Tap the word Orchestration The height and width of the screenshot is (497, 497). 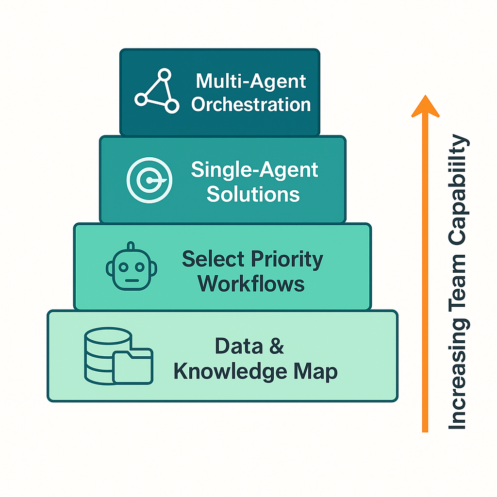[251, 104]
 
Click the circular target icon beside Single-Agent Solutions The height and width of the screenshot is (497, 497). [149, 180]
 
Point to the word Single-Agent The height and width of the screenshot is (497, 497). [254, 170]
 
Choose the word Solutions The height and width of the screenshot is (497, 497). [253, 194]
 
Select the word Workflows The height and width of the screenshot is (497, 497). [251, 283]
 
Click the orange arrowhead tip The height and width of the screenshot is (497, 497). [425, 97]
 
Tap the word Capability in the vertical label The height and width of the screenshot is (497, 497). [458, 189]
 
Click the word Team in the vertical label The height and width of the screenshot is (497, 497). [458, 281]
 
